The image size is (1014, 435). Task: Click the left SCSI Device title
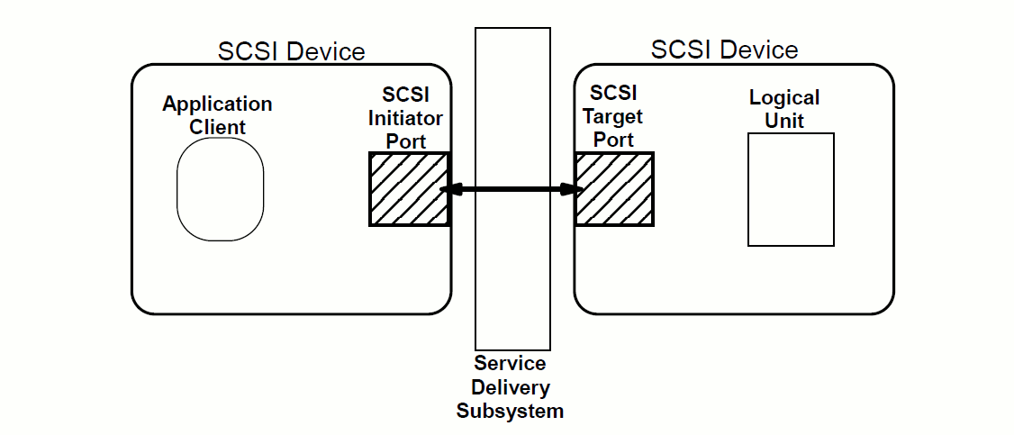pyautogui.click(x=291, y=50)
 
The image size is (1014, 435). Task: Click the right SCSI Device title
pyautogui.click(x=724, y=49)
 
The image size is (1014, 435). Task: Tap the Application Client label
pyautogui.click(x=217, y=115)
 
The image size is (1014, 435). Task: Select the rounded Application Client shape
pyautogui.click(x=220, y=189)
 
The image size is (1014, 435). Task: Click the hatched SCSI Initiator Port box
pyautogui.click(x=408, y=189)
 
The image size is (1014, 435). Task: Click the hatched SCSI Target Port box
pyautogui.click(x=614, y=189)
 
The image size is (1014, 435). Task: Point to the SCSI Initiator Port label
pyautogui.click(x=406, y=118)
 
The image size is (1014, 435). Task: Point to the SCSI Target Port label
pyautogui.click(x=613, y=116)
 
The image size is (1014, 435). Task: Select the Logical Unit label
pyautogui.click(x=784, y=108)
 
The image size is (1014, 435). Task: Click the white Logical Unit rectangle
pyautogui.click(x=791, y=189)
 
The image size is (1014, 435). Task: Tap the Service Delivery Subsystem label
pyautogui.click(x=510, y=387)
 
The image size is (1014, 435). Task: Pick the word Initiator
pyautogui.click(x=406, y=118)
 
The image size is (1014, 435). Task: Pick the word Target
pyautogui.click(x=613, y=116)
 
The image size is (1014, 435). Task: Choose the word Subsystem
pyautogui.click(x=510, y=411)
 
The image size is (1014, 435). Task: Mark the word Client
pyautogui.click(x=217, y=127)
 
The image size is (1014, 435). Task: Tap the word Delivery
pyautogui.click(x=510, y=387)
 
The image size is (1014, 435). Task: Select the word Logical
pyautogui.click(x=784, y=97)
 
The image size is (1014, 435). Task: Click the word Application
pyautogui.click(x=217, y=104)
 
